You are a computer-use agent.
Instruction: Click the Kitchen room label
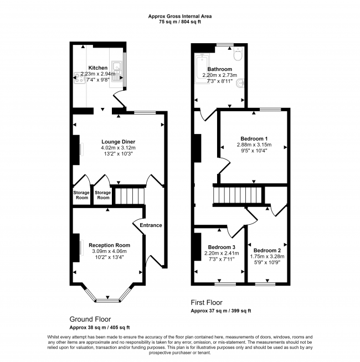[98, 68]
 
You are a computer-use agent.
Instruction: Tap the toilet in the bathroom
[238, 54]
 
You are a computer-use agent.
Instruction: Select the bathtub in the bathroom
[202, 68]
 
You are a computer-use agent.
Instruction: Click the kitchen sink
[117, 71]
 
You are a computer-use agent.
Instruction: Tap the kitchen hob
[79, 77]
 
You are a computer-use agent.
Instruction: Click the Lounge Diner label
[119, 142]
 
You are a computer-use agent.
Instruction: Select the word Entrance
[151, 225]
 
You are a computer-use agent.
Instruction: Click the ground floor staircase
[130, 196]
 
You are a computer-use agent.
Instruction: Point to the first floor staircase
[238, 195]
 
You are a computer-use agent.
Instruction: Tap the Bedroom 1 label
[254, 139]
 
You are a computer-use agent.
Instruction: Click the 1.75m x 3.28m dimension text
[268, 256]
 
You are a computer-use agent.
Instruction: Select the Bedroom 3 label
[222, 247]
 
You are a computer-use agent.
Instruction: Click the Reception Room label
[110, 245]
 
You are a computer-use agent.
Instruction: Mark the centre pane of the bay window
[107, 301]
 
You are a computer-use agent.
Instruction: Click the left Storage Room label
[81, 195]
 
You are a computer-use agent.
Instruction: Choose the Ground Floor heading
[90, 319]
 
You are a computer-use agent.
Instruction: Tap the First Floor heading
[207, 302]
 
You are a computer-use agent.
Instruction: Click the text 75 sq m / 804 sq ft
[180, 22]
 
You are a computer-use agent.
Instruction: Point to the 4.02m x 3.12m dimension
[119, 148]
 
